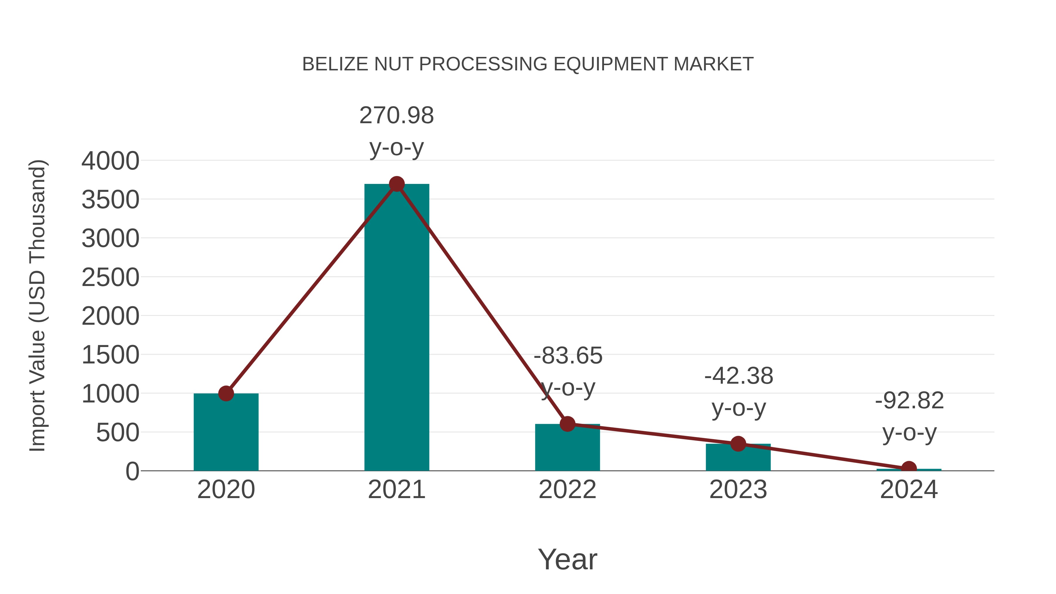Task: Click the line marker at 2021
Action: (x=396, y=184)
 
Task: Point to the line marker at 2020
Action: (x=226, y=394)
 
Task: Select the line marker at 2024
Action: (x=909, y=468)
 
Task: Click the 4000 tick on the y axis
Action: (x=110, y=161)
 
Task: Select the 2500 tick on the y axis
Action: (x=110, y=277)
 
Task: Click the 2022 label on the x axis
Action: (x=567, y=490)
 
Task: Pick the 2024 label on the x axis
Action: (x=909, y=490)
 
